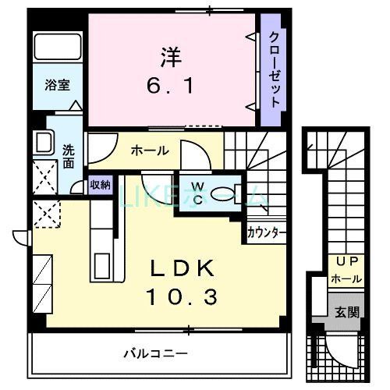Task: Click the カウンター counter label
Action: (266, 232)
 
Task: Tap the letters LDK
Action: (183, 269)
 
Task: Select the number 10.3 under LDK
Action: (184, 296)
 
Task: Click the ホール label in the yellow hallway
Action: (149, 151)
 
